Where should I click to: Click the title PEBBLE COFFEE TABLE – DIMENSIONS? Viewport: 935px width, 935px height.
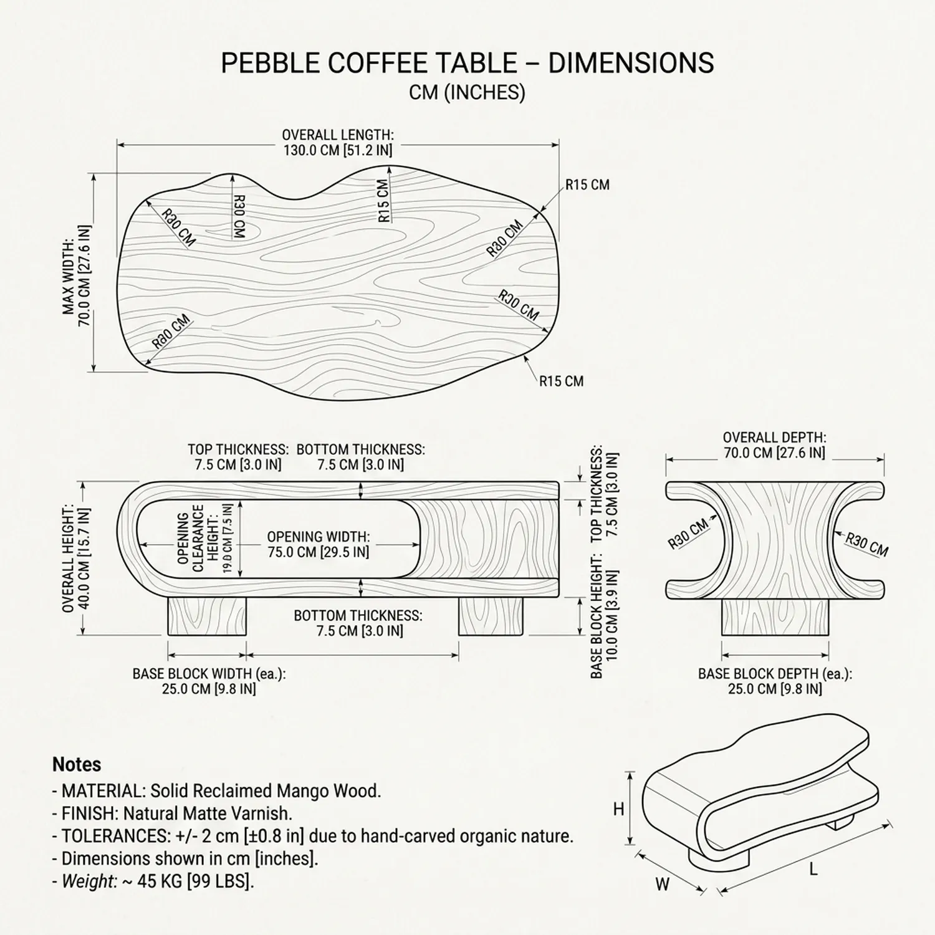467,63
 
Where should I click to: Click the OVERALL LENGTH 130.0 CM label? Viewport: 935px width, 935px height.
338,143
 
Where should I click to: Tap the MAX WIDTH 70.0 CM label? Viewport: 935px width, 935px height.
77,276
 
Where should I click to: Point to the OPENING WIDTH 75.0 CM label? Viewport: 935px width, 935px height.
318,544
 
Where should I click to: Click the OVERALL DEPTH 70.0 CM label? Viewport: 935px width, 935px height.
774,445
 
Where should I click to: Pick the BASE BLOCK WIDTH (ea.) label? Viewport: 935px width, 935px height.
209,681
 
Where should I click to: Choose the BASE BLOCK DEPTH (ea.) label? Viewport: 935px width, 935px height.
775,681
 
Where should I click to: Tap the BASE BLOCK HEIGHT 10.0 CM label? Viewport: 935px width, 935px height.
604,623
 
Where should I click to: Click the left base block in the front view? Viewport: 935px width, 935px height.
207,616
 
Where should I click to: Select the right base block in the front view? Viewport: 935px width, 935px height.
491,616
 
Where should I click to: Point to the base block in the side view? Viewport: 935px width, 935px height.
775,616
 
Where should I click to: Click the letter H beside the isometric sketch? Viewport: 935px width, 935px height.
618,809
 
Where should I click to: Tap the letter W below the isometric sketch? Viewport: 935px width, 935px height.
663,883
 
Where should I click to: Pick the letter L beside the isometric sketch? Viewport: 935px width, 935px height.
813,868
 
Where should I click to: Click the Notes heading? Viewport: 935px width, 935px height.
77,764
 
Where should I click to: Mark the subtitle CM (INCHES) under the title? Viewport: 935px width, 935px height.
467,92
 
